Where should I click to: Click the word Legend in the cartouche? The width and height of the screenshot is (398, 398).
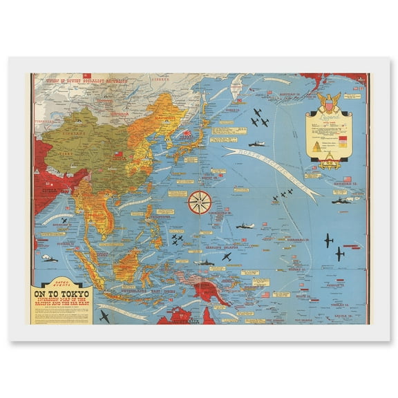[331, 119]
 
